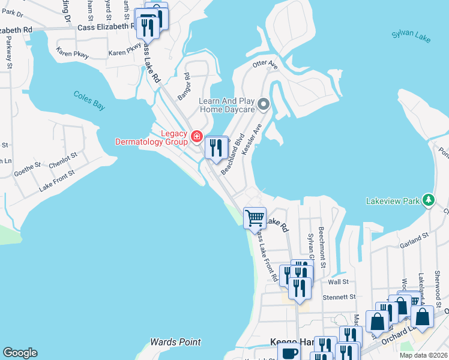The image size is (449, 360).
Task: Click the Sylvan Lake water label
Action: coord(411,37)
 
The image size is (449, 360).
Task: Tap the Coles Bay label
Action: coord(89,100)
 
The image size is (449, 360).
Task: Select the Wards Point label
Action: coord(175,342)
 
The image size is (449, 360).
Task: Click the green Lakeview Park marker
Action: coord(428,200)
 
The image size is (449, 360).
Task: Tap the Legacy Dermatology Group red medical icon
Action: coord(196,137)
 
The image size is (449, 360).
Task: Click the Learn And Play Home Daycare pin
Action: coord(263,106)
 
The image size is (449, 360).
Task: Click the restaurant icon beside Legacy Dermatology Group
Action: coord(216,147)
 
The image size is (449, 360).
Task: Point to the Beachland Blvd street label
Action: coord(232,154)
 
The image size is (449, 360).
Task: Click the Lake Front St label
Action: coord(56,180)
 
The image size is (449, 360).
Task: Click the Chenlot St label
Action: coord(63,160)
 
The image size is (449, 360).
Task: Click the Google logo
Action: coord(20,353)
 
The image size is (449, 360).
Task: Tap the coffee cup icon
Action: coord(289,353)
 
